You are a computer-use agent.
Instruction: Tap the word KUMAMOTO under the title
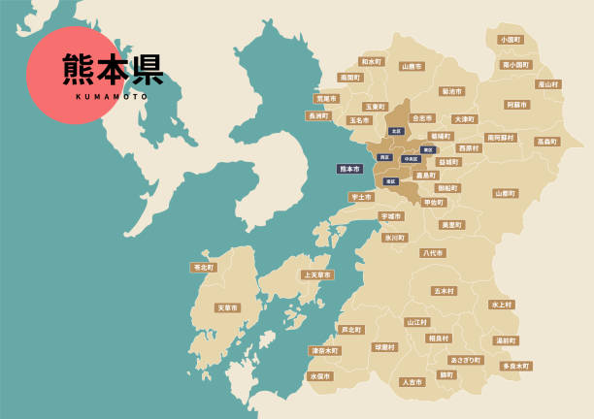tap(112, 97)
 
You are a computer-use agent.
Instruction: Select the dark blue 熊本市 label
tap(348, 169)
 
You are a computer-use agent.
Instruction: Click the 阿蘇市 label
tap(517, 105)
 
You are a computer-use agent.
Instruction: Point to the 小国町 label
tap(510, 40)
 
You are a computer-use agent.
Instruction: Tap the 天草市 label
tap(227, 307)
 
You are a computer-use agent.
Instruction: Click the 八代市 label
tap(433, 253)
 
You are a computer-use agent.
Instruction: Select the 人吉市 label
tap(412, 382)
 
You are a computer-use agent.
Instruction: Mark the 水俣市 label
tap(319, 376)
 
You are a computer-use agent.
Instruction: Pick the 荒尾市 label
tap(326, 99)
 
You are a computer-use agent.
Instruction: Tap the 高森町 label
tap(547, 142)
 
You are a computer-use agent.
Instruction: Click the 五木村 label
tap(444, 291)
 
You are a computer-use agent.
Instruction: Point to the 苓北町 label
tap(204, 267)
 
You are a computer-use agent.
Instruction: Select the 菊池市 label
tap(451, 91)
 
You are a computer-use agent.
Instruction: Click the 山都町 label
tap(505, 193)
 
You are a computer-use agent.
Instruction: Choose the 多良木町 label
tap(515, 367)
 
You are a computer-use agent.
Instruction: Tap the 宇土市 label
tap(361, 197)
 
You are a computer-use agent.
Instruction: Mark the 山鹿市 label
tap(412, 67)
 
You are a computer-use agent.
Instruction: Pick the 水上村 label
tap(501, 305)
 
